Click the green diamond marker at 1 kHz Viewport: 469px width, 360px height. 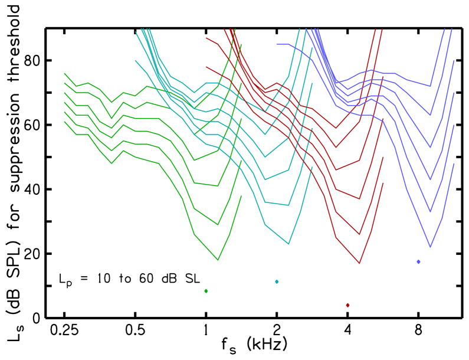point(206,291)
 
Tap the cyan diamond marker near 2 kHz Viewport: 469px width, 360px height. point(277,282)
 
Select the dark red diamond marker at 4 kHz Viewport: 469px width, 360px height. point(348,305)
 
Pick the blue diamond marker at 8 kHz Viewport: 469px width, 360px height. point(418,261)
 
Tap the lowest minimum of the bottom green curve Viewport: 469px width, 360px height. point(218,260)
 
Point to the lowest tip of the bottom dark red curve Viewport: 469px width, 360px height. point(359,263)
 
